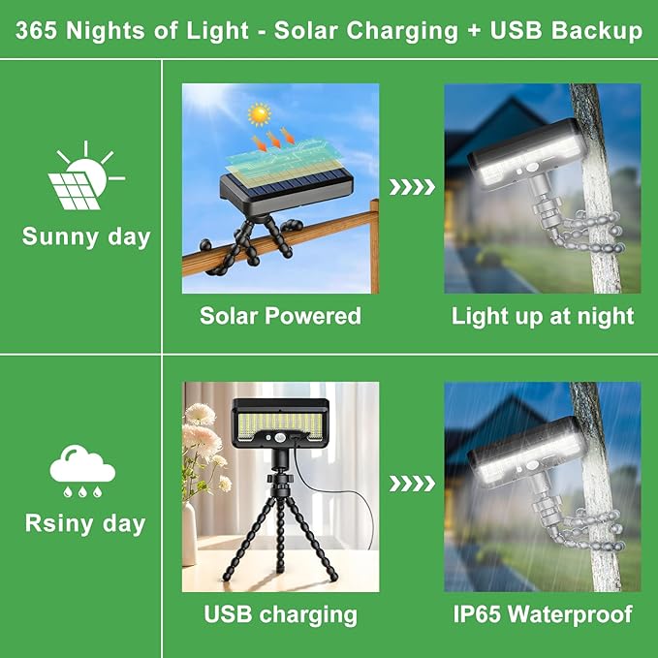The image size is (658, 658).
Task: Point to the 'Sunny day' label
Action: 86,237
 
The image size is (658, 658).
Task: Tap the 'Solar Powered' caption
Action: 280,316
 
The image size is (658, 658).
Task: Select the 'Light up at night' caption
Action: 543,316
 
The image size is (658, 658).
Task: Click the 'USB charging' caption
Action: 280,614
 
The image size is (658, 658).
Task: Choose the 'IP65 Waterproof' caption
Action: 543,614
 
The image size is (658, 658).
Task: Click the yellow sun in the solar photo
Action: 259,115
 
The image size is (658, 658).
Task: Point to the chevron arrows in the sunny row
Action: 412,187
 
